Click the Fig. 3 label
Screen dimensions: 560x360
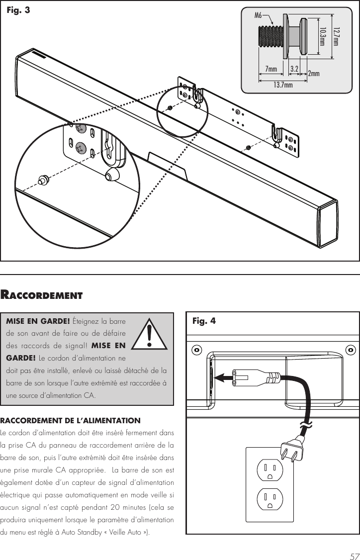(x=18, y=9)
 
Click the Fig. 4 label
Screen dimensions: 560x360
(x=204, y=321)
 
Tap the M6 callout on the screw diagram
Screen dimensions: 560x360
(x=259, y=15)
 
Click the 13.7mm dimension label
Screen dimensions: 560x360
(x=283, y=85)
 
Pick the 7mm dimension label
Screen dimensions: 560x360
(x=271, y=69)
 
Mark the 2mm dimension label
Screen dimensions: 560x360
(x=314, y=74)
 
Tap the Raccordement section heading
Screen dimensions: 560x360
(x=41, y=295)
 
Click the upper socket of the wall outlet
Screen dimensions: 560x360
(x=270, y=470)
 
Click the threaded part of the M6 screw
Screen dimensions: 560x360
(x=270, y=37)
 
